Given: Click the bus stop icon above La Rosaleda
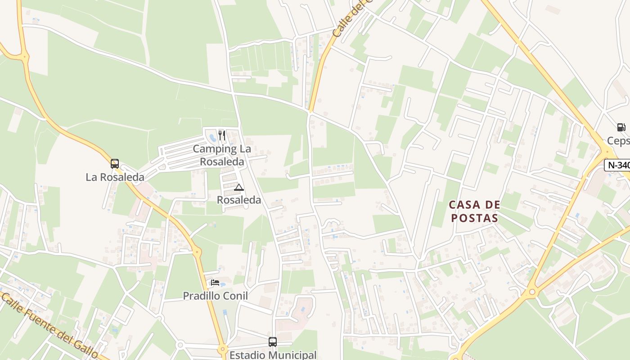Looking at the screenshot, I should [115, 164].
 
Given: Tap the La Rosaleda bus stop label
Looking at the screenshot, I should [115, 177].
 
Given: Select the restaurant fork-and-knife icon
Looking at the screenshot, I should [221, 135].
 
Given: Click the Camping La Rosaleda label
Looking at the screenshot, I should [222, 155].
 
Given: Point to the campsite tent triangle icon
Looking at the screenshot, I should [239, 187].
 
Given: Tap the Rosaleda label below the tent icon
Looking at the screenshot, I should [239, 200].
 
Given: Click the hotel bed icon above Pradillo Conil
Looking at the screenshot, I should [215, 283].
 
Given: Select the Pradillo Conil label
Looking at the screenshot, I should [215, 296].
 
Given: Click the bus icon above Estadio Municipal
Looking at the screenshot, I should [273, 342].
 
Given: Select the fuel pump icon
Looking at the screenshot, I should [621, 127].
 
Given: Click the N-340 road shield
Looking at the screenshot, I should [617, 165].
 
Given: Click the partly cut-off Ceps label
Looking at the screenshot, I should [619, 141].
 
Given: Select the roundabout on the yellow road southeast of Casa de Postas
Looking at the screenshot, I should [532, 292].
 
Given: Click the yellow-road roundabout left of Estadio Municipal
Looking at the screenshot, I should [222, 350].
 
